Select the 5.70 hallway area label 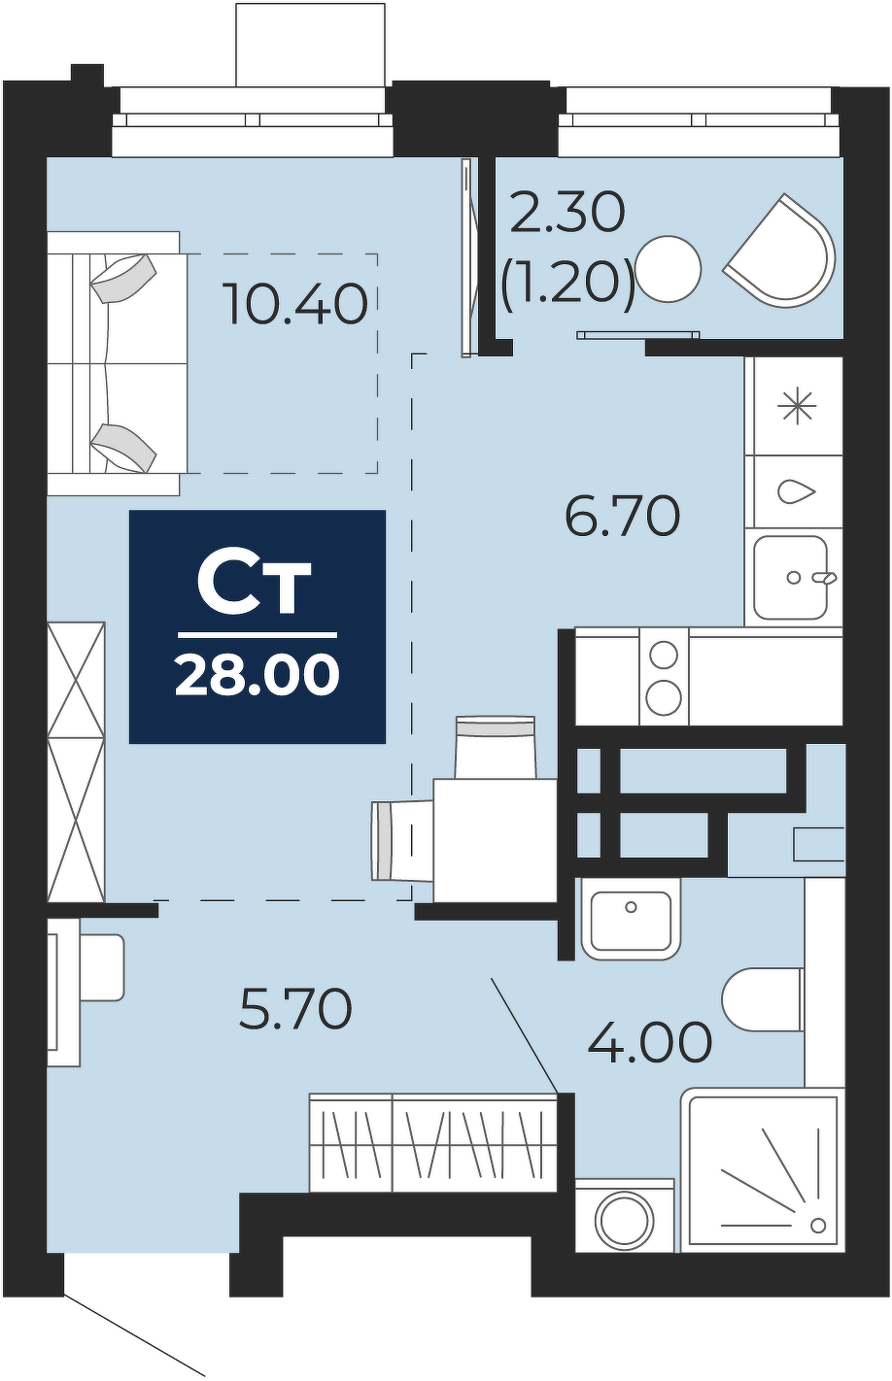pyautogui.click(x=295, y=1008)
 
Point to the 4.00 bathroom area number pyautogui.click(x=650, y=1042)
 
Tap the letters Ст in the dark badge pyautogui.click(x=253, y=588)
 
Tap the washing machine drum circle pyautogui.click(x=625, y=1223)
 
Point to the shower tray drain pyautogui.click(x=818, y=1225)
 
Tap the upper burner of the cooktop pyautogui.click(x=664, y=655)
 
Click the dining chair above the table pyautogui.click(x=495, y=747)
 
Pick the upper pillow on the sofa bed pyautogui.click(x=124, y=278)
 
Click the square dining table pyautogui.click(x=496, y=840)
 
